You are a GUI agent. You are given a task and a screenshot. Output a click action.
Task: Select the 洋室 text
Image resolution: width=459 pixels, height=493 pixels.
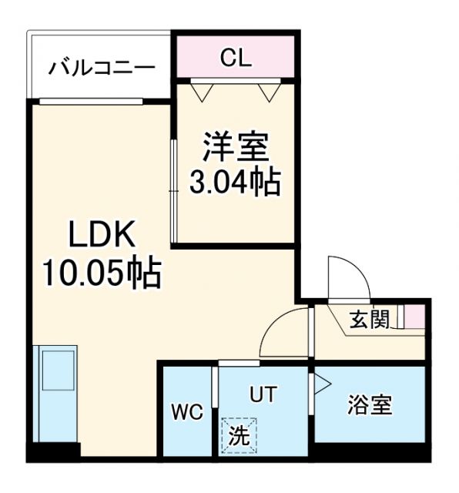coord(235,146)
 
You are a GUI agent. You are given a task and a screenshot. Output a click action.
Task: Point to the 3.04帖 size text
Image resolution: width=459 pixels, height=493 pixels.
coord(235,183)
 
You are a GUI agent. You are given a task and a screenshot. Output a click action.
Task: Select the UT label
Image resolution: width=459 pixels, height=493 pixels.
coord(261,394)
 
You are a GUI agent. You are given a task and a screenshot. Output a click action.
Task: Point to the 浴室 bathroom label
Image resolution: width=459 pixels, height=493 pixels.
coord(370,404)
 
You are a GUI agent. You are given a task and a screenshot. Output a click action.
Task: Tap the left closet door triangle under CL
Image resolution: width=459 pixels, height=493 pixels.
coord(202,92)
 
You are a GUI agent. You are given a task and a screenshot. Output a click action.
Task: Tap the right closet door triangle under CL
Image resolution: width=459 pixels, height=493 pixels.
coord(270,92)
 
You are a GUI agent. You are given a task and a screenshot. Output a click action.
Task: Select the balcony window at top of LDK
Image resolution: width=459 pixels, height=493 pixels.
coord(91,101)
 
